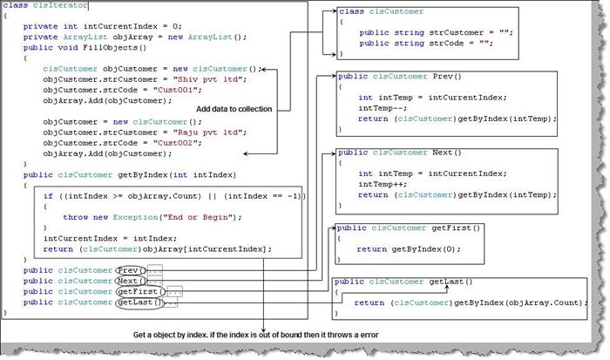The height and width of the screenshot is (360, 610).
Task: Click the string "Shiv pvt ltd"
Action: pyautogui.click(x=210, y=79)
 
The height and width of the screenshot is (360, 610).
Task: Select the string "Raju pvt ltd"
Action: pyautogui.click(x=210, y=132)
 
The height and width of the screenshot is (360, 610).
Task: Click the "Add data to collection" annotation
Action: pyautogui.click(x=234, y=109)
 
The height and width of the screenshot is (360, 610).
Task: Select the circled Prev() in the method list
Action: pyautogui.click(x=131, y=270)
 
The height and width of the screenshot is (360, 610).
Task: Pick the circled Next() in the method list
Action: pyautogui.click(x=132, y=281)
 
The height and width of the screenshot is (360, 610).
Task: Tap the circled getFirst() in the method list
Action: pyautogui.click(x=140, y=291)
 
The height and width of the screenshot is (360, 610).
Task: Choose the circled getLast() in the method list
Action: pyautogui.click(x=140, y=302)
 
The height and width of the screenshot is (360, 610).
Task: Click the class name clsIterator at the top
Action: pyautogui.click(x=60, y=5)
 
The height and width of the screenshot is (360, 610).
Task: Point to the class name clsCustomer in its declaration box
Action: pyautogui.click(x=396, y=11)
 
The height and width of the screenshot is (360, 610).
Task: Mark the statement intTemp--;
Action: pyautogui.click(x=383, y=108)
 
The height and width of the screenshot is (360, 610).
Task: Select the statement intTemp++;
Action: pyautogui.click(x=383, y=184)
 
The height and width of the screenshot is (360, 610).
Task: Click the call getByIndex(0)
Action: pyautogui.click(x=426, y=249)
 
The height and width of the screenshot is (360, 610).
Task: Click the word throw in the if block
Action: pyautogui.click(x=76, y=217)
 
